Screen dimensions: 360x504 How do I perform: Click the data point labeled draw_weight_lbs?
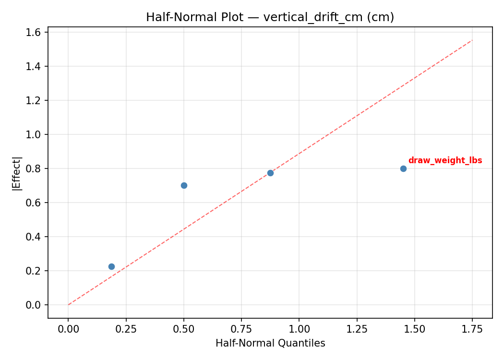tap(403, 168)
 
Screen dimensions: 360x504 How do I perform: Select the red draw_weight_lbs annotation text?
tap(445, 161)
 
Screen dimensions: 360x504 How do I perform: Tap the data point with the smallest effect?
tap(111, 266)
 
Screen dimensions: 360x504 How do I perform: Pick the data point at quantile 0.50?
tap(184, 185)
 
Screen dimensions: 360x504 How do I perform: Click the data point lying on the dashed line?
tap(270, 173)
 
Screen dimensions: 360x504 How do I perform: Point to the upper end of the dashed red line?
tap(472, 40)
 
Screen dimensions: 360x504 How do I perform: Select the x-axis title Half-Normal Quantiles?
tap(270, 343)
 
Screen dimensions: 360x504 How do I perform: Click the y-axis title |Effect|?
tap(17, 173)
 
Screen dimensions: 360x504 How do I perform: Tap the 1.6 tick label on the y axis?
tap(36, 32)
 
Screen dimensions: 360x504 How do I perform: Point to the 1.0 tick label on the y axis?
tap(36, 134)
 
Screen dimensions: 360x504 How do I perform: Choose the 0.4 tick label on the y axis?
tap(36, 237)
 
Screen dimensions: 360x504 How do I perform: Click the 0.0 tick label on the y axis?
tap(36, 305)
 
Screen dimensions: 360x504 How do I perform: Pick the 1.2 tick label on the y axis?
tap(36, 100)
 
